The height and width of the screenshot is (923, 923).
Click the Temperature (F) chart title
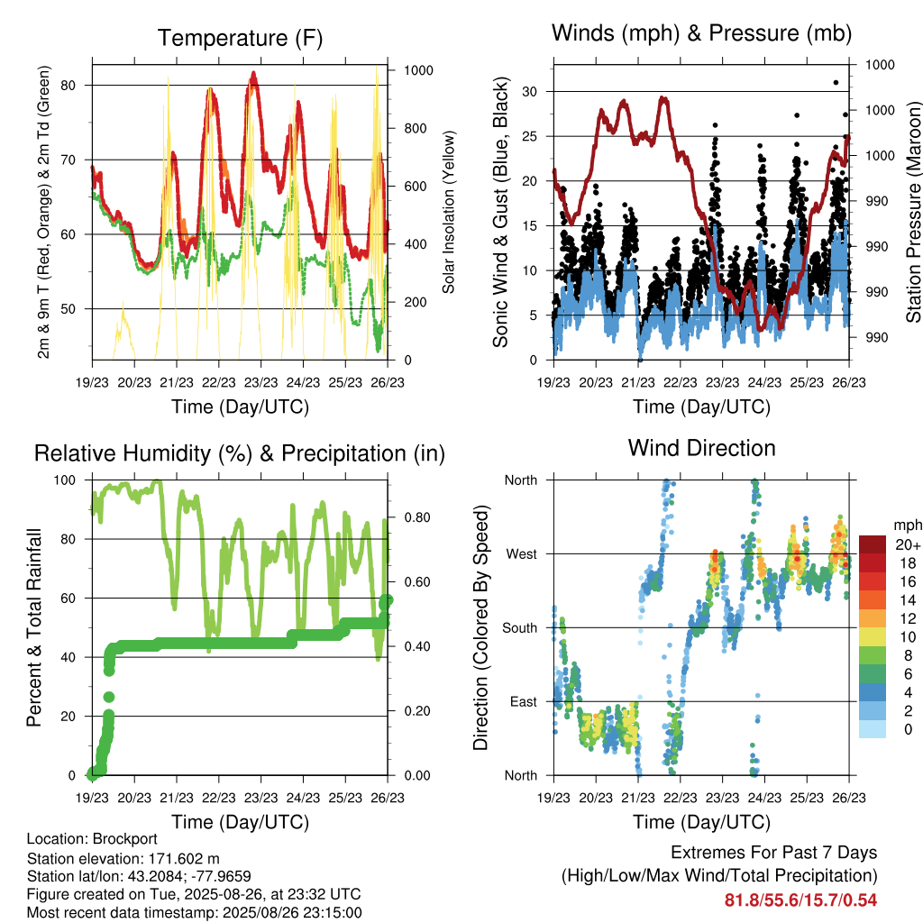(240, 38)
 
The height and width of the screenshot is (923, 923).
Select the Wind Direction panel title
(701, 448)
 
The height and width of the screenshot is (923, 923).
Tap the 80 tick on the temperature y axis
(69, 86)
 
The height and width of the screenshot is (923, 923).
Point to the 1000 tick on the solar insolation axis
(418, 70)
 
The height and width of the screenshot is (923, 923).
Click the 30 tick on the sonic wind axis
(530, 91)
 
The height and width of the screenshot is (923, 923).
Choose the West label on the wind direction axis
(522, 554)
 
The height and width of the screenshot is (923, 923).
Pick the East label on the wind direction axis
(524, 701)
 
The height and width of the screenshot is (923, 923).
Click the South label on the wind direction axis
(520, 628)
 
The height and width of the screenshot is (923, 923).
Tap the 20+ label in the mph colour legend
(908, 544)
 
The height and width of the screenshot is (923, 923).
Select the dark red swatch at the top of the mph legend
(873, 544)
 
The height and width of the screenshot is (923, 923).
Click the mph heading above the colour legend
(908, 525)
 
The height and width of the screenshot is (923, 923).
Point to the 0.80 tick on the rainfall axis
(417, 517)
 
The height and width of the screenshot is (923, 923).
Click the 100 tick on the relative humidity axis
(65, 480)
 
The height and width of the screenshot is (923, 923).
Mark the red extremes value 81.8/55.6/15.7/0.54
(800, 900)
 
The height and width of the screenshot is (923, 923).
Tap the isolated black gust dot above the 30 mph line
(836, 83)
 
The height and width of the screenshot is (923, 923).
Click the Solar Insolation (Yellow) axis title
(449, 212)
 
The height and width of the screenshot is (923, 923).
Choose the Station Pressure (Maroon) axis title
(913, 212)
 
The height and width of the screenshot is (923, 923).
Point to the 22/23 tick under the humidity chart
(219, 798)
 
